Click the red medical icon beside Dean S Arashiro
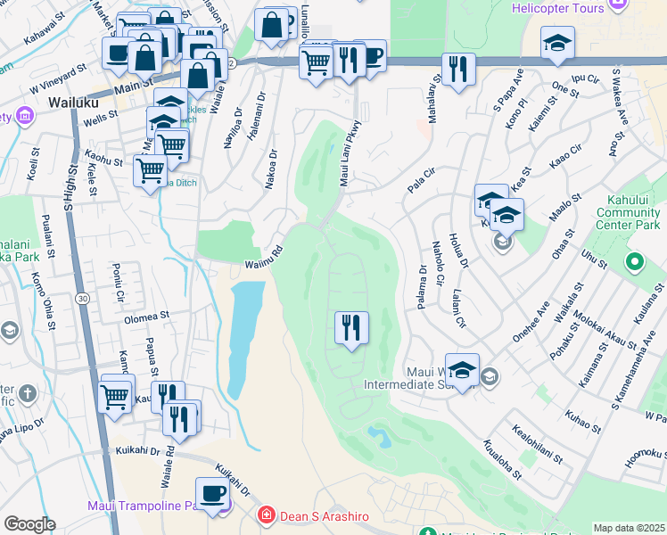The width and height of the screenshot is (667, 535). pos(265,516)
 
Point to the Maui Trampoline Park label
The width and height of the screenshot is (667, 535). pos(147,506)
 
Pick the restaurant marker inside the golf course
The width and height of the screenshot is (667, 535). pos(351,327)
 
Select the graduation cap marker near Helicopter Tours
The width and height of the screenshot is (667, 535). pos(557,42)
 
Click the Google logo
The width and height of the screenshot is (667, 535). pos(29,524)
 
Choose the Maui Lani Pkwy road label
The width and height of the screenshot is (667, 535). pos(350,153)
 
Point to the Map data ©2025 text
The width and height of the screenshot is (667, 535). pos(629,528)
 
